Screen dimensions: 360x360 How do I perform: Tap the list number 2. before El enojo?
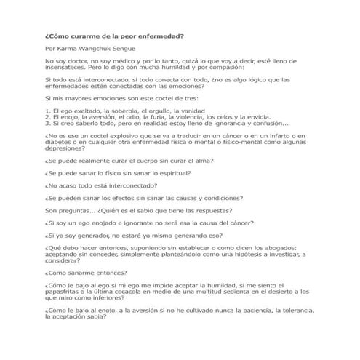pyautogui.click(x=47, y=116)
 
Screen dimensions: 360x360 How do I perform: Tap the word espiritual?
pyautogui.click(x=169, y=172)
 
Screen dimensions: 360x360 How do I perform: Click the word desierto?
pyautogui.click(x=276, y=290)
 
